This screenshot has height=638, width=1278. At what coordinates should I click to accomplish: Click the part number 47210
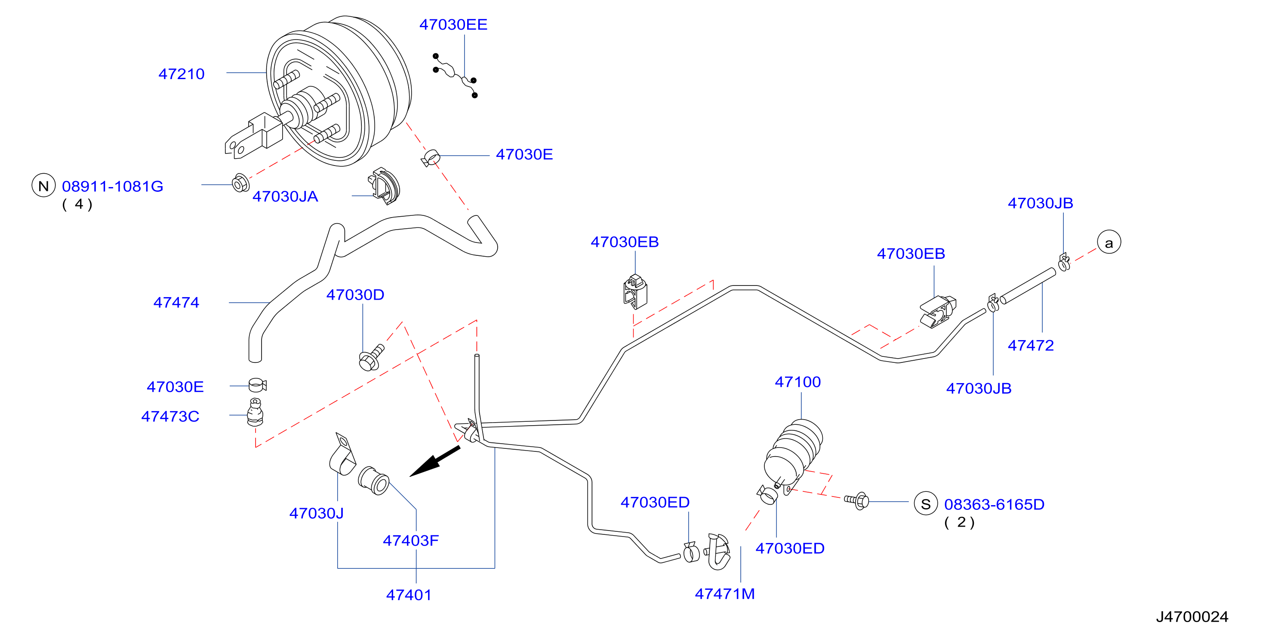click(x=181, y=74)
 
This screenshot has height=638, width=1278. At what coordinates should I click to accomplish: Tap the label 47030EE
click(x=453, y=25)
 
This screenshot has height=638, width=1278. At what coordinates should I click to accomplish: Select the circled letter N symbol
click(x=43, y=185)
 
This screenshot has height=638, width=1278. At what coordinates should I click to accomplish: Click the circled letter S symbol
click(x=925, y=504)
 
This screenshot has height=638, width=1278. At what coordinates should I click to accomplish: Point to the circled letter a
click(x=1109, y=242)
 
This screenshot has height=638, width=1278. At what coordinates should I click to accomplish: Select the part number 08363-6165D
click(x=994, y=504)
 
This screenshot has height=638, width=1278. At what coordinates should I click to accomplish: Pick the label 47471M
click(x=725, y=593)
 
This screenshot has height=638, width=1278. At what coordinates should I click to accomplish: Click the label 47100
click(x=798, y=382)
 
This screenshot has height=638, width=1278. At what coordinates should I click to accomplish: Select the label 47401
click(x=409, y=595)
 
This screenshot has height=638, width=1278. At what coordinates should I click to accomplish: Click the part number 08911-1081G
click(x=113, y=187)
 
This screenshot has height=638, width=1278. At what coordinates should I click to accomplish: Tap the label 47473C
click(x=170, y=416)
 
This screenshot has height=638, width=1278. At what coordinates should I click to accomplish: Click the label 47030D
click(x=355, y=294)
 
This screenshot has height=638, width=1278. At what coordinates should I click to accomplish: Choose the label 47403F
click(x=411, y=540)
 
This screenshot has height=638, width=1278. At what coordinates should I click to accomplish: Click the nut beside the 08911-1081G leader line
click(x=240, y=184)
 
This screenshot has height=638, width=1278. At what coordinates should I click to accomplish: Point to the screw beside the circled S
click(x=857, y=501)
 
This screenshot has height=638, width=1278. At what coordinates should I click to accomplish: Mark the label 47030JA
click(x=285, y=196)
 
